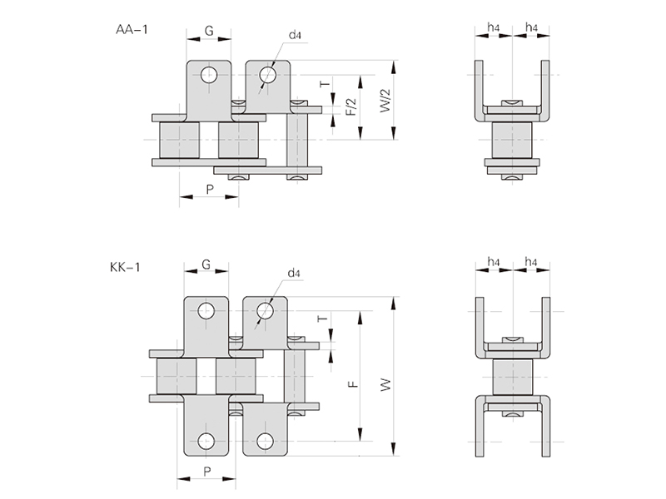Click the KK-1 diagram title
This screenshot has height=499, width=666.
coord(125,268)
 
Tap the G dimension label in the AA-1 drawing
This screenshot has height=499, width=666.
coord(209,32)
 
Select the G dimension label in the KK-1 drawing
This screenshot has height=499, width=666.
coord(205,265)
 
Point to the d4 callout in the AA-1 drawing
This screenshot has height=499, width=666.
coord(296,35)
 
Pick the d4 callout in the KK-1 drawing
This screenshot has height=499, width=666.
coord(293,273)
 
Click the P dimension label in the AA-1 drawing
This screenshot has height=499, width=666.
coord(209,190)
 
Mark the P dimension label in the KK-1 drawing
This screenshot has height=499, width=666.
coord(206,471)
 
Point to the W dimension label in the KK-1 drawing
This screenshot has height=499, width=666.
coord(385,385)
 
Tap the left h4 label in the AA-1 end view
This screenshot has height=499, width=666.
coord(494,27)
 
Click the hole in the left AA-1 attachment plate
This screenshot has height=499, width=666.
coord(208,76)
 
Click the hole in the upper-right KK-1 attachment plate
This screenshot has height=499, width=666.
coord(265,311)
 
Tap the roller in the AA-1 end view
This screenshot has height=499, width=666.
coord(512,141)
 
